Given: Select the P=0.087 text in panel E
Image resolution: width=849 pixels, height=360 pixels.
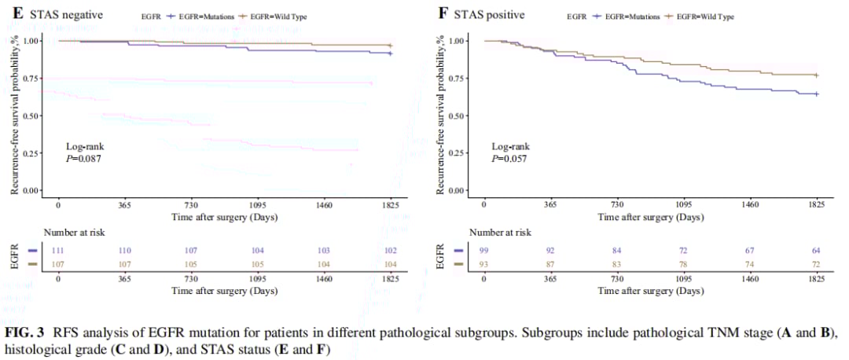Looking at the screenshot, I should [x=84, y=158].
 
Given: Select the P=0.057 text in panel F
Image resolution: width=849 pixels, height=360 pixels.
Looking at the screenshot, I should [x=509, y=158].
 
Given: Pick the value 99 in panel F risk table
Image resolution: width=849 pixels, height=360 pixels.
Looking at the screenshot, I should [x=484, y=249].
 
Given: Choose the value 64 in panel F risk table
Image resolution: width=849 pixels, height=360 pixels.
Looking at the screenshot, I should [x=816, y=249].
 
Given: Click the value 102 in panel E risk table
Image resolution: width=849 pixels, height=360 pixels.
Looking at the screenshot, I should [x=390, y=249].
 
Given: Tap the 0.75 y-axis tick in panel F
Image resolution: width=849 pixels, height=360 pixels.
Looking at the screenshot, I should [x=458, y=79].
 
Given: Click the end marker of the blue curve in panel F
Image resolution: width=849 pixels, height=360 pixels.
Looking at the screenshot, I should [x=817, y=94].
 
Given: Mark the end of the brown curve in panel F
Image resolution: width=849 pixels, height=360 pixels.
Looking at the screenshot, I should [x=817, y=75].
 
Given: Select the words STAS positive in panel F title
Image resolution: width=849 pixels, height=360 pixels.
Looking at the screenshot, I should [x=492, y=15].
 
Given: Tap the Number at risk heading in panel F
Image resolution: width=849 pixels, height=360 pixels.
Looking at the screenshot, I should [x=500, y=233].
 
